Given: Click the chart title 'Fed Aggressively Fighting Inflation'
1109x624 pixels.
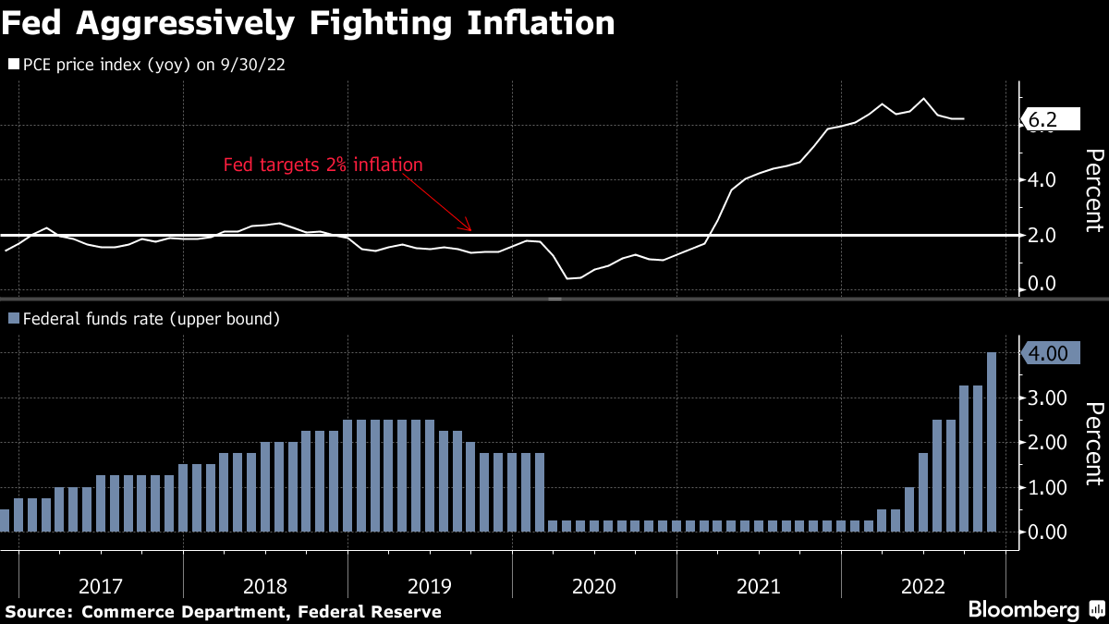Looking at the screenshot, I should pyautogui.click(x=308, y=24).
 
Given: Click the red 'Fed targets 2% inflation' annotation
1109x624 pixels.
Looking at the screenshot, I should pyautogui.click(x=323, y=165).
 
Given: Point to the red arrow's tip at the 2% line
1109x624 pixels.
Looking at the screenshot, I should pyautogui.click(x=470, y=229).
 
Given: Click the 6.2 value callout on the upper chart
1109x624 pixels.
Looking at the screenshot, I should pyautogui.click(x=1052, y=120).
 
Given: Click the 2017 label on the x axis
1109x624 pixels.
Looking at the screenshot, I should pyautogui.click(x=101, y=586).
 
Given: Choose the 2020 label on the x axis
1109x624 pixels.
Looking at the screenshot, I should pyautogui.click(x=594, y=586).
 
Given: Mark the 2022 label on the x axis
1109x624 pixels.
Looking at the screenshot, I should pyautogui.click(x=923, y=586).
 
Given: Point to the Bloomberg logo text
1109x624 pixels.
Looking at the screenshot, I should pyautogui.click(x=1023, y=610).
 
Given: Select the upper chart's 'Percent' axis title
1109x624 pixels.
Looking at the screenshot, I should pyautogui.click(x=1093, y=190).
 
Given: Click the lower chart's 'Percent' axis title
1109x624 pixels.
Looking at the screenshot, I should pyautogui.click(x=1093, y=444).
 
